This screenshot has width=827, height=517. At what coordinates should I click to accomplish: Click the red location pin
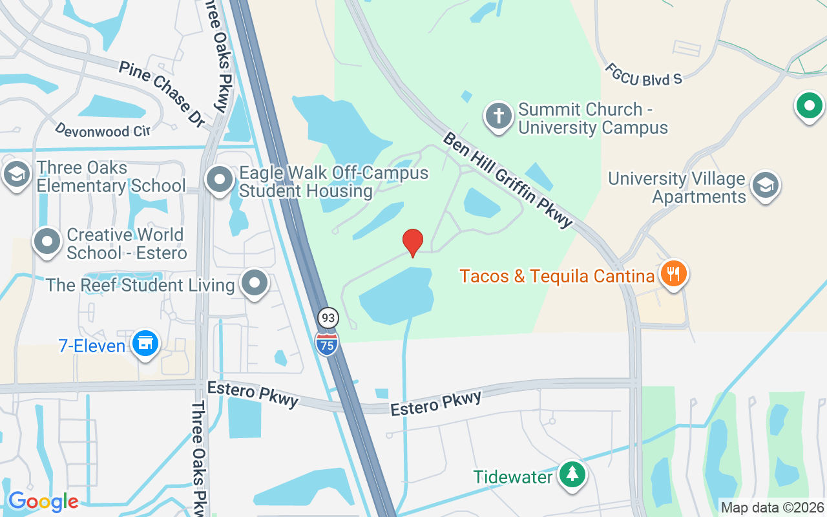413,242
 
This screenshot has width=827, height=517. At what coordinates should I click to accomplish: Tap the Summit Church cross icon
498,116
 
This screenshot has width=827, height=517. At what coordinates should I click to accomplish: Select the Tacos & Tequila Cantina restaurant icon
673,273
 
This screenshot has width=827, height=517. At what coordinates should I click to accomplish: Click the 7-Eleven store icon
145,343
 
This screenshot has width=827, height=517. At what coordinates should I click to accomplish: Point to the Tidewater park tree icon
572,475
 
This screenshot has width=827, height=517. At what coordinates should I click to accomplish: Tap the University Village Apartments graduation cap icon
766,185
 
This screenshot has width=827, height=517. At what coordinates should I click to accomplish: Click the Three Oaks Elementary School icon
16,174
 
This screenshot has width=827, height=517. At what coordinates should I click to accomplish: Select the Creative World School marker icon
47,241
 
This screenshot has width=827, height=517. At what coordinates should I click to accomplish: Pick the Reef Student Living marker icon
255,282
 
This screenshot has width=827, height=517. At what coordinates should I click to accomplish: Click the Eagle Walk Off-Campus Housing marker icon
220,179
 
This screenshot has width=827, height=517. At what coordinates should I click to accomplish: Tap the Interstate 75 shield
328,343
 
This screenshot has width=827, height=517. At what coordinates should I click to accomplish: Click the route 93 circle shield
328,317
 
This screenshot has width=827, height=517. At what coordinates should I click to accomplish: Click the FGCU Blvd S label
644,74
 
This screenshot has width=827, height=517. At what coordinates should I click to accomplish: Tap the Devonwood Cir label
103,130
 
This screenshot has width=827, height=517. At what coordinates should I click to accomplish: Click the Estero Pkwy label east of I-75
436,402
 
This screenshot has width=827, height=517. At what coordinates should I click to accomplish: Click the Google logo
43,501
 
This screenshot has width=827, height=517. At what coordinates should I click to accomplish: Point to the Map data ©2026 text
773,507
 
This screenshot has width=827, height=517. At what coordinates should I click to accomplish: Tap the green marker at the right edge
809,105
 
